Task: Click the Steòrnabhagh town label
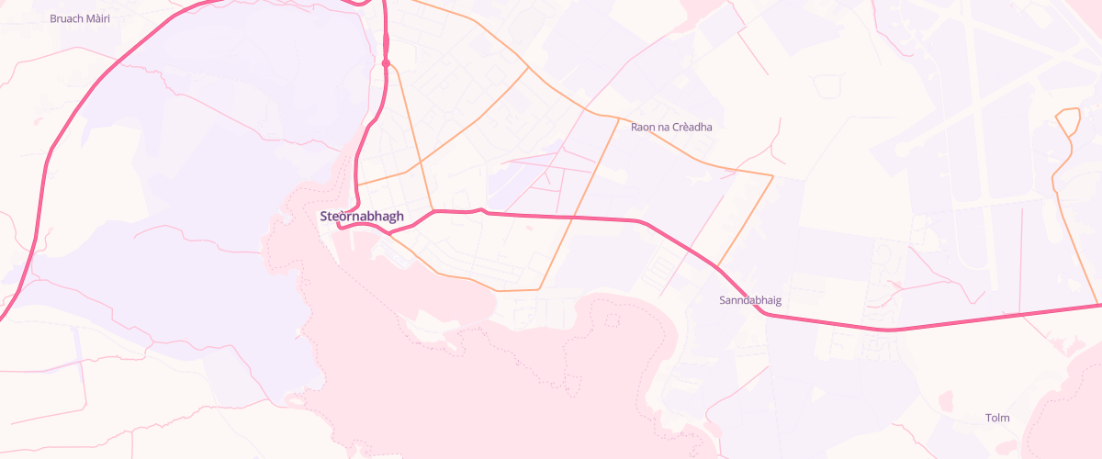[362, 217]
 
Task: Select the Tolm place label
[997, 418]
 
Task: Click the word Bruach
[67, 17]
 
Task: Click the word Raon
[643, 126]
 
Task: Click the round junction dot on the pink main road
[387, 63]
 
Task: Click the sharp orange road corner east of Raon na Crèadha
[773, 174]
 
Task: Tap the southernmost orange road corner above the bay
[499, 290]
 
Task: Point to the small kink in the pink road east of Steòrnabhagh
[480, 211]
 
